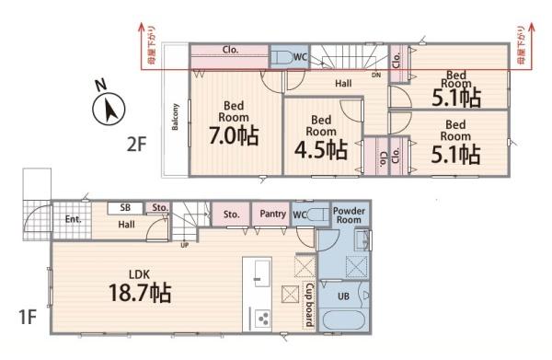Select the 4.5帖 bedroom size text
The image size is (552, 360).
click(320, 148)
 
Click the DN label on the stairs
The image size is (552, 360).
click(375, 75)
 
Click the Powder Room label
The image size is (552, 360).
click(350, 215)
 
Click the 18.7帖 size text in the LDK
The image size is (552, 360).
click(136, 294)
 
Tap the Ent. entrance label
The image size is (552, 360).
click(73, 219)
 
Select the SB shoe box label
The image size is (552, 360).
click(125, 208)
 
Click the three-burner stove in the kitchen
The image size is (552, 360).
click(261, 319)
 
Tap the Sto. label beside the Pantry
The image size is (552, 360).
click(231, 214)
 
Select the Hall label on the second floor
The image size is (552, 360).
click(343, 83)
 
